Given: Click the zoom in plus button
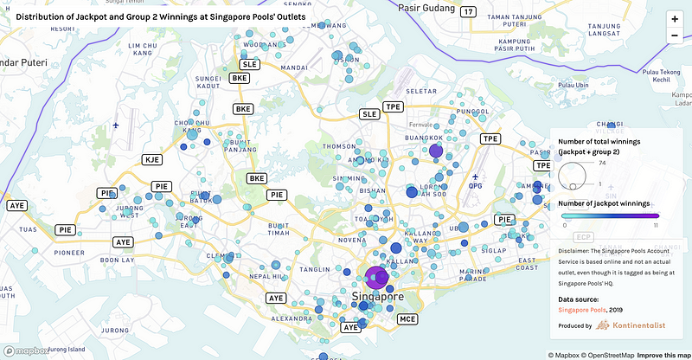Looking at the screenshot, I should [675, 18].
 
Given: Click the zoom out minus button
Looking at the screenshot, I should [675, 35].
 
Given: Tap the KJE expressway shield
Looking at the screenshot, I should [152, 159].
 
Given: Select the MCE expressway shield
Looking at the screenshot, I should [407, 319].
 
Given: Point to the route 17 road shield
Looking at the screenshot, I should [468, 11].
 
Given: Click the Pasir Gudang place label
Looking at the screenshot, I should [424, 7].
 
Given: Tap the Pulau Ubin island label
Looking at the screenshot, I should [570, 85].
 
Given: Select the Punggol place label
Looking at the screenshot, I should [472, 111].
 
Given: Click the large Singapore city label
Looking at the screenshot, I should [378, 297].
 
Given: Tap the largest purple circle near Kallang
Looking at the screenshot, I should [376, 278].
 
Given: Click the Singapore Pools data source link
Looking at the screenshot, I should [581, 309].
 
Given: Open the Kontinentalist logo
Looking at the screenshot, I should [631, 325].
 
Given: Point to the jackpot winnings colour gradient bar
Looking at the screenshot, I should [611, 215].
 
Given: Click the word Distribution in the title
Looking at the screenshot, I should [44, 16].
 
